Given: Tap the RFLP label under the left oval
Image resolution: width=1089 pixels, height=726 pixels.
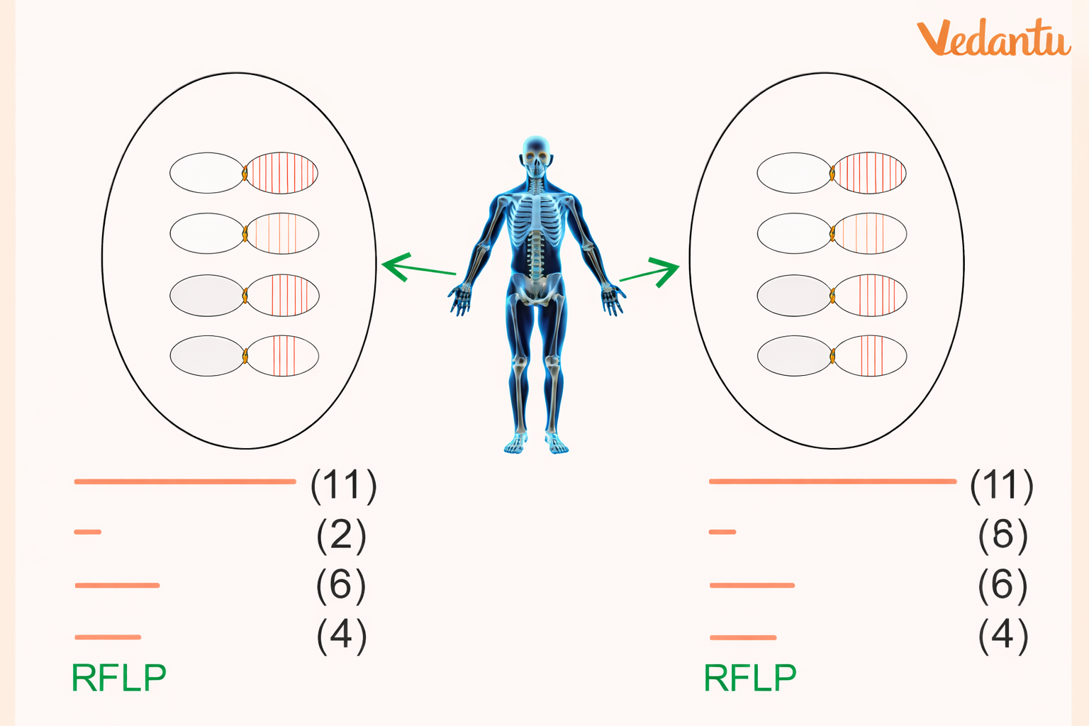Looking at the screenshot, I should pyautogui.click(x=119, y=678).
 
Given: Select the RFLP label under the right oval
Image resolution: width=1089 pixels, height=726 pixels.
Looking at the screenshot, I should pyautogui.click(x=750, y=678).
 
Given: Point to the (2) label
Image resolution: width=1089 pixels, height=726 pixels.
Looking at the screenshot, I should pyautogui.click(x=341, y=535).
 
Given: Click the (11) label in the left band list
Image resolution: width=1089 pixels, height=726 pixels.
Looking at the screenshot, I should pyautogui.click(x=343, y=485).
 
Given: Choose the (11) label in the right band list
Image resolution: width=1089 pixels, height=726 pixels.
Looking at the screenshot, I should pyautogui.click(x=1002, y=485).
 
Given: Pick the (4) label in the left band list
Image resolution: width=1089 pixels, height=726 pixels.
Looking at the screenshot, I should pyautogui.click(x=341, y=635).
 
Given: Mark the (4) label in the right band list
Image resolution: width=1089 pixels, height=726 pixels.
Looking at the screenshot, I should pyautogui.click(x=1003, y=635).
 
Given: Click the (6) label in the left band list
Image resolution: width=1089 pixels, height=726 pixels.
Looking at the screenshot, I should pyautogui.click(x=341, y=585).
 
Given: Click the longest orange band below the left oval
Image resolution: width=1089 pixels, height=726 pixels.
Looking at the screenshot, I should pyautogui.click(x=184, y=481).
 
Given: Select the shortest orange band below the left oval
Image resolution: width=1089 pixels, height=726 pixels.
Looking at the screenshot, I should pyautogui.click(x=88, y=531).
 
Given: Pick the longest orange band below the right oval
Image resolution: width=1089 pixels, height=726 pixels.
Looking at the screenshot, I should pyautogui.click(x=832, y=481).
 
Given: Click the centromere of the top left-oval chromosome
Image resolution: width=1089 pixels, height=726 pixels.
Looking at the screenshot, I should pyautogui.click(x=245, y=172).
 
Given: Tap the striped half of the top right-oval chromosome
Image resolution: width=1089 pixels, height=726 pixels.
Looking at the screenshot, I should pyautogui.click(x=869, y=172).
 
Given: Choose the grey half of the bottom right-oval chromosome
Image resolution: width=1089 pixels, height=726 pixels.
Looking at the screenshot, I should pyautogui.click(x=793, y=355).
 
